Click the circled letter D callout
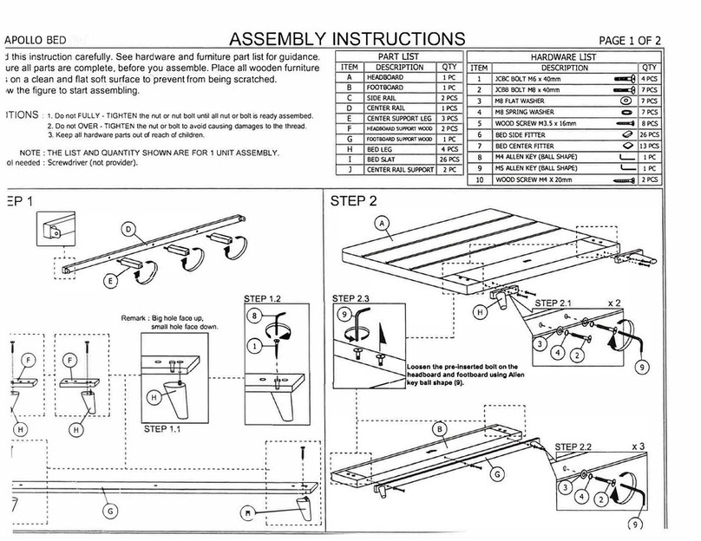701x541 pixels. pyautogui.click(x=127, y=231)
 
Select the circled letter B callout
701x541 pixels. pyautogui.click(x=441, y=428)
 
